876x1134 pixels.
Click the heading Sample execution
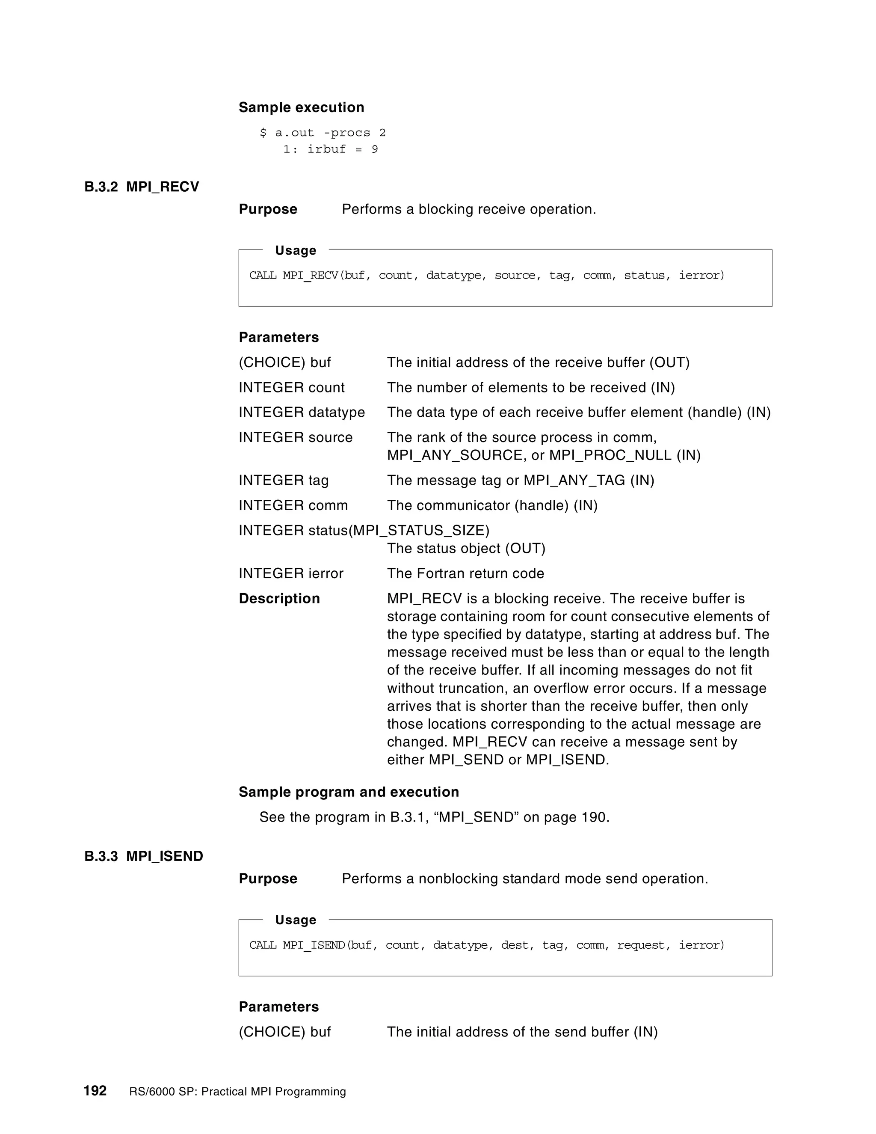[x=301, y=107]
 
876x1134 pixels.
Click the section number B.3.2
[x=101, y=187]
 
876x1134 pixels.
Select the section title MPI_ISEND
[x=165, y=856]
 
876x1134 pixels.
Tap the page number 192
[x=95, y=1090]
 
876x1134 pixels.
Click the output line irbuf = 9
[x=342, y=149]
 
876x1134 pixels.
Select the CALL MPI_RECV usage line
[x=486, y=275]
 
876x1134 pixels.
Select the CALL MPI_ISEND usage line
[x=486, y=945]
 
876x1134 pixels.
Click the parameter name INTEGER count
[x=291, y=387]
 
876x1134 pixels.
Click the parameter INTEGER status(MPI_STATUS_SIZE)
[x=364, y=531]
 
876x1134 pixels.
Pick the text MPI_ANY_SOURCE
[x=455, y=455]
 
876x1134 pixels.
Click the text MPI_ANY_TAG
[x=574, y=480]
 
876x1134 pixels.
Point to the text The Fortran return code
[x=465, y=574]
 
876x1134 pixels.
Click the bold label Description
[x=279, y=599]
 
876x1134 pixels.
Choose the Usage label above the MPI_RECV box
[x=295, y=251]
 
